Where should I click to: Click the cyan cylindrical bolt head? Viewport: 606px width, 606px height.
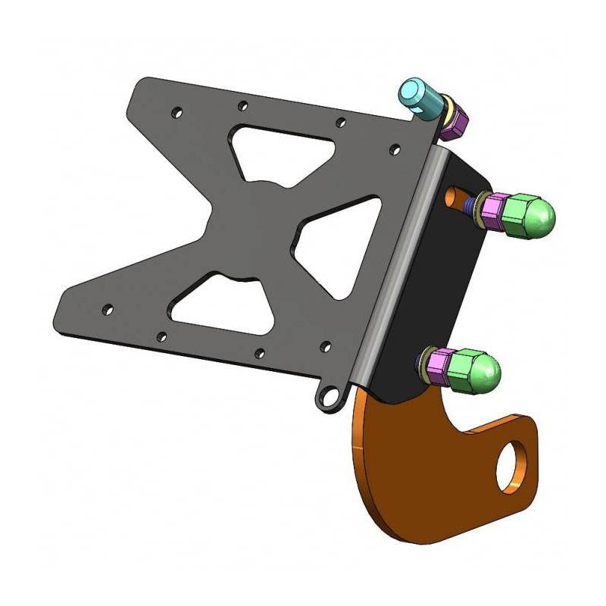pos(418,97)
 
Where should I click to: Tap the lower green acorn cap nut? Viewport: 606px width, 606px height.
pos(477,367)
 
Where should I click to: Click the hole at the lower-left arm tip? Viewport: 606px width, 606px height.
pos(108,309)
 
